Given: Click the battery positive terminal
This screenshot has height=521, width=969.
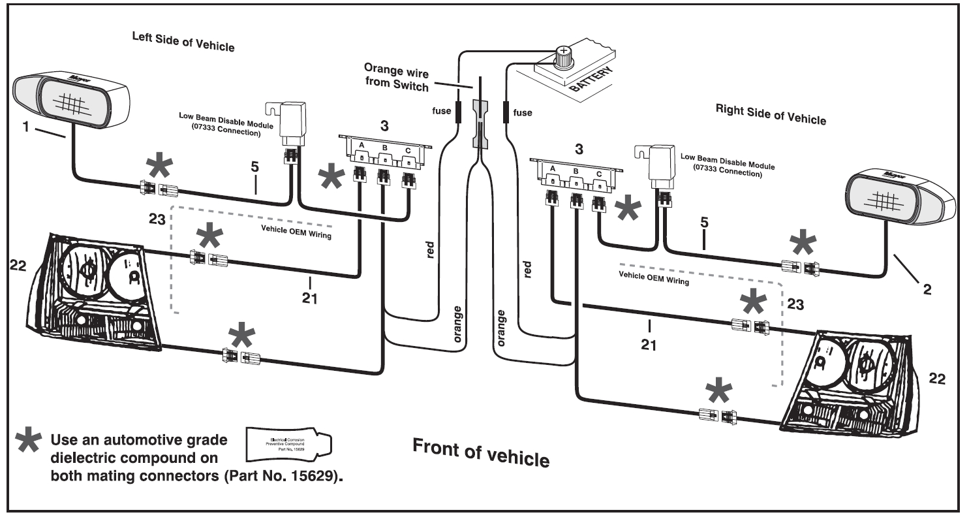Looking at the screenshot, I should pos(562,52).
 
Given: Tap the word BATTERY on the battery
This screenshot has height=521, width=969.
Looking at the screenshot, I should pos(593,82).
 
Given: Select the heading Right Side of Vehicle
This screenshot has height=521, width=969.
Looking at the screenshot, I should pos(770,116).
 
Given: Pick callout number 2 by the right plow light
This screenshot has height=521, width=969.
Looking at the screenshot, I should pos(927,287).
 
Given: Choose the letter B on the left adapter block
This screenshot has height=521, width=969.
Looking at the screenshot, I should pos(385,148).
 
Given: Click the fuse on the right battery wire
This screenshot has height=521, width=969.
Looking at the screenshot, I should pos(506,112).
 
